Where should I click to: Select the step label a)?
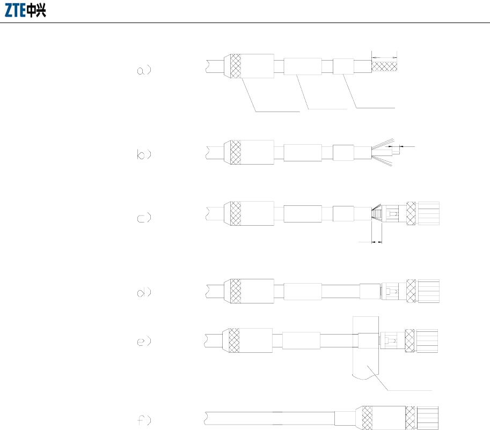[143, 71]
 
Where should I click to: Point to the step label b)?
[143, 154]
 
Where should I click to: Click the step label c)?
[143, 218]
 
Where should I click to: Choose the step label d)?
[143, 293]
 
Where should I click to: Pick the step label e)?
[143, 340]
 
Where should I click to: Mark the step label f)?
[143, 419]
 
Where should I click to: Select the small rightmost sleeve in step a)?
[343, 66]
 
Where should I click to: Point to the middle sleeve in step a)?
[302, 66]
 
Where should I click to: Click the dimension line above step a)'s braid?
[384, 56]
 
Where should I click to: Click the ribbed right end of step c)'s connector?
[428, 213]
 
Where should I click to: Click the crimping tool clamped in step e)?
[365, 365]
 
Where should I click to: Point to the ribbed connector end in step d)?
[428, 291]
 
